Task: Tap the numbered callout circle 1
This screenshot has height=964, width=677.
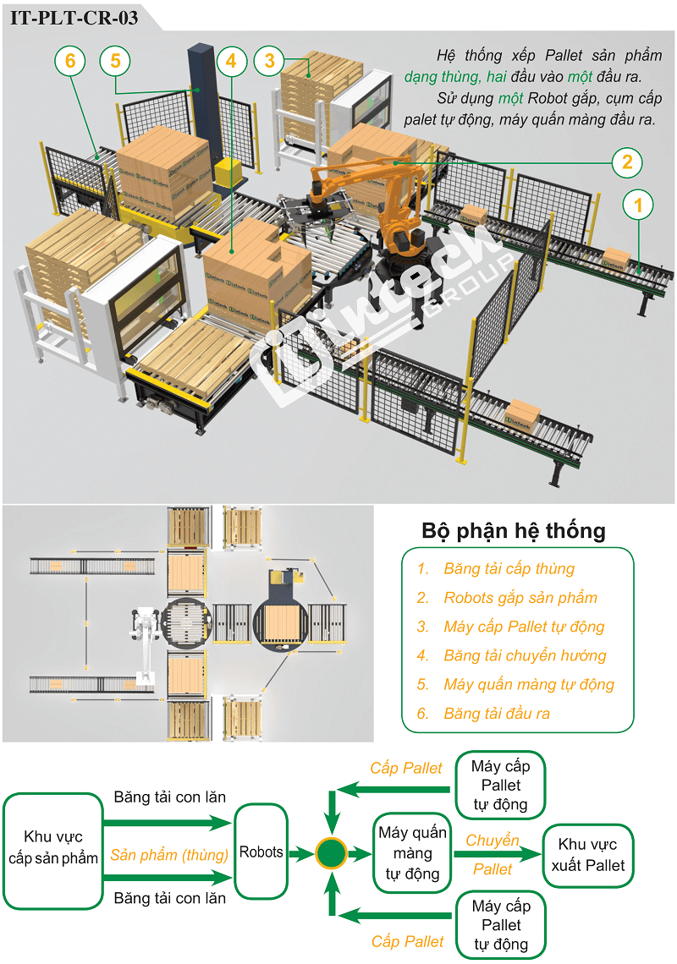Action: click(639, 205)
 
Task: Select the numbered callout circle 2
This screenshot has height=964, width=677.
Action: click(627, 162)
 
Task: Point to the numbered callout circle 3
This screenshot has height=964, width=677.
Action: click(269, 60)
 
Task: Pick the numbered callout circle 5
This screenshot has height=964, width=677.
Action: click(70, 60)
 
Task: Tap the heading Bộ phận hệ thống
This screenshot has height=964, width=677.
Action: click(514, 531)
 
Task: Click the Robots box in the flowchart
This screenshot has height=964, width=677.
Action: click(261, 852)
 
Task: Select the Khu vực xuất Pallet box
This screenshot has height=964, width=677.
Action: click(588, 855)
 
